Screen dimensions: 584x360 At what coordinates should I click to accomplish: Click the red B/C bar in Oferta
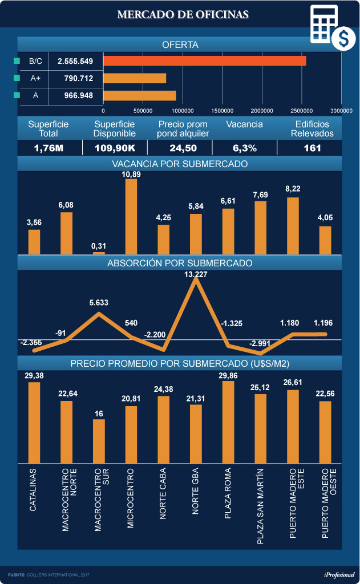204,61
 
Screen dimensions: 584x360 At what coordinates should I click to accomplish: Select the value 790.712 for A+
75,78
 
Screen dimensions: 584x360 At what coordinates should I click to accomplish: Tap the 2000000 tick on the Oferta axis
262,111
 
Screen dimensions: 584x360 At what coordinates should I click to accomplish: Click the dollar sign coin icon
343,38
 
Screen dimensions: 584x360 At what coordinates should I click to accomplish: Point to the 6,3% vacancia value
244,148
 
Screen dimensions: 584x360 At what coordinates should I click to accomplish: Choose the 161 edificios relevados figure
312,148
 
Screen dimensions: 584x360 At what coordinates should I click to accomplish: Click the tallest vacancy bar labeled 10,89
131,217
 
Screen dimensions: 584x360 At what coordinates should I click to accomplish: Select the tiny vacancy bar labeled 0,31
99,253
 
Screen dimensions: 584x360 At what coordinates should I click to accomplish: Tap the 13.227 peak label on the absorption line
196,274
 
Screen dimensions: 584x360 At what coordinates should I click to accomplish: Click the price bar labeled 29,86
228,422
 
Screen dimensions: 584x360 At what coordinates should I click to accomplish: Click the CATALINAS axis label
34,489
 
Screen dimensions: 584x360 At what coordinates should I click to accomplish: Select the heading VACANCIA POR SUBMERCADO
180,164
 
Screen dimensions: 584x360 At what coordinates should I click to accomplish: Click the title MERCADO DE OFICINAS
183,14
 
